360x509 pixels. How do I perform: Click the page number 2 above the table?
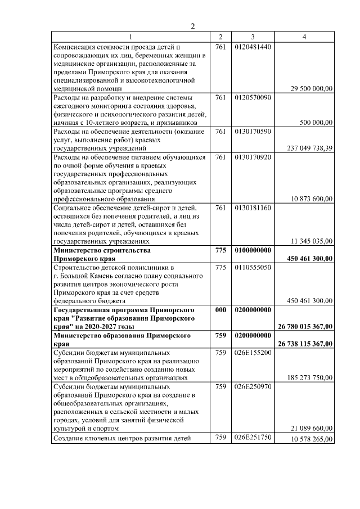[192, 26]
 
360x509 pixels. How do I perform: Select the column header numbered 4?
[304, 37]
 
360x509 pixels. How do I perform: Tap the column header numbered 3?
[253, 37]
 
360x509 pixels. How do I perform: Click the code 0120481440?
[253, 46]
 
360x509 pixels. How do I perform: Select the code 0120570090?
[253, 97]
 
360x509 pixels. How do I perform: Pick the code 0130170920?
[253, 157]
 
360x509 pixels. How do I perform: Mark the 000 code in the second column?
[220, 310]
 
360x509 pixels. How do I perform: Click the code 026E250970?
[253, 386]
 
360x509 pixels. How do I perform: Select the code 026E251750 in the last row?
[253, 438]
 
